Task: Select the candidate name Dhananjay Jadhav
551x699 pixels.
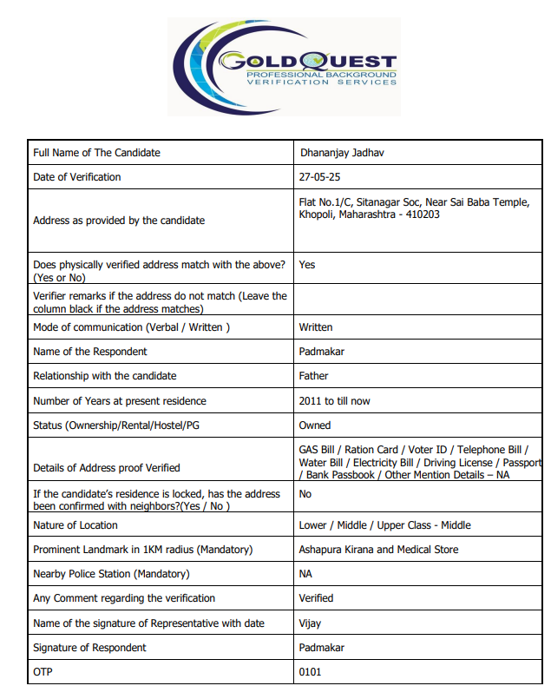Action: click(342, 153)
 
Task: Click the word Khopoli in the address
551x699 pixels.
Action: click(316, 214)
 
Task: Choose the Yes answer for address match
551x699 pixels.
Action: click(307, 265)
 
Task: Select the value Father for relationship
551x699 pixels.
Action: click(314, 376)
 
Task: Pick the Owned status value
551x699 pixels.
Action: click(315, 425)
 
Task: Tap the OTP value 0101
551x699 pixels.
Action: click(310, 672)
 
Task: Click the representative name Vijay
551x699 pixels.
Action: click(311, 623)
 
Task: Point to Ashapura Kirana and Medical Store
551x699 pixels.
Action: click(378, 550)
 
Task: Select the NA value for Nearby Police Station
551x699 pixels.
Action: click(305, 574)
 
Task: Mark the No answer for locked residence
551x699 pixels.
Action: click(305, 493)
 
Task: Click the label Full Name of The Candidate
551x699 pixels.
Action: click(96, 153)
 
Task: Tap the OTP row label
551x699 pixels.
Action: click(43, 672)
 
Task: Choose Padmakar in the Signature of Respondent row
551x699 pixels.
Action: click(320, 648)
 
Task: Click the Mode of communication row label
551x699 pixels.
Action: click(131, 327)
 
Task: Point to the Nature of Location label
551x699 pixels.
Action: click(75, 525)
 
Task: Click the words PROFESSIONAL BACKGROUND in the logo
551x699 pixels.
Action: click(321, 76)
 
